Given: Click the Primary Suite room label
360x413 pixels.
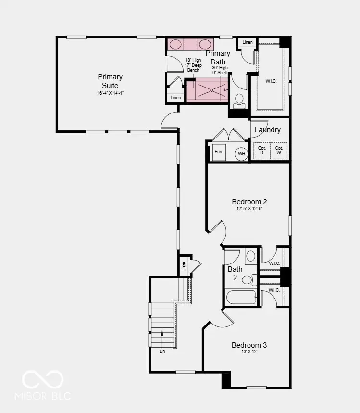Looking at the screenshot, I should point(110,81).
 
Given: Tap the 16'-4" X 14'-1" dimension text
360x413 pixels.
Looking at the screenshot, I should point(110,93).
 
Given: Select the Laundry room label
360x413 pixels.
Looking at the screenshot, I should point(267,130).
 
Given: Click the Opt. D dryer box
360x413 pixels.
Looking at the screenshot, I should point(261,150).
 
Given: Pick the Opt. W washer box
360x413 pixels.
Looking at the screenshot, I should point(279,150).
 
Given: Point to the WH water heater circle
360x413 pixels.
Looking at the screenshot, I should point(241,154).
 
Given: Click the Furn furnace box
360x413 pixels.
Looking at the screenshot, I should point(219,152).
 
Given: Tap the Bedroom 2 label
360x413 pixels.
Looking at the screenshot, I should point(249,202).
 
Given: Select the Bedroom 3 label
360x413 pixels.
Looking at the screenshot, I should point(249,345).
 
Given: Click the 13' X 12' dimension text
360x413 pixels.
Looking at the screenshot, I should point(249,352).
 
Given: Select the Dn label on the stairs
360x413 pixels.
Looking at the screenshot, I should point(162,351).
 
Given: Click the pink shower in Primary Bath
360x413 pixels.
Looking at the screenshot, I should point(207,90).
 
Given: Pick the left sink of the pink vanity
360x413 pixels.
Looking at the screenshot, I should point(176,44).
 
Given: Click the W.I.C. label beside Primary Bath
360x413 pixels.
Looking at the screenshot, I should point(271,81).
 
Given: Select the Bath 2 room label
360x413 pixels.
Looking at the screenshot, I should point(235,273).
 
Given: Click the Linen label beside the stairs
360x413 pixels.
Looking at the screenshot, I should point(183,266).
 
